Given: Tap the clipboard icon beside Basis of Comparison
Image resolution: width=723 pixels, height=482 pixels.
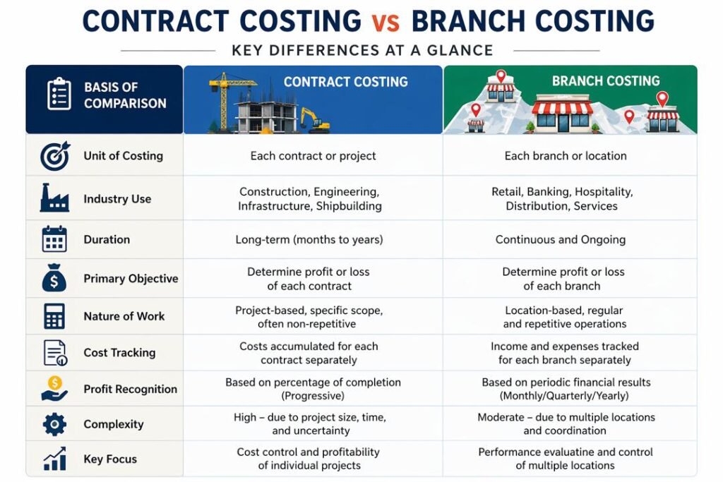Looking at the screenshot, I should [x=59, y=95].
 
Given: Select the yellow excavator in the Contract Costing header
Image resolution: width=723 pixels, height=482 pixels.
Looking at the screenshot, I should [x=316, y=121].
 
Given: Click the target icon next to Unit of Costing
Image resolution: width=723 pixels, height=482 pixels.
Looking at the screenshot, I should [x=54, y=157].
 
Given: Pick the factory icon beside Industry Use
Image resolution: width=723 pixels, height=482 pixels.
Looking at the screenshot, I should [x=54, y=198].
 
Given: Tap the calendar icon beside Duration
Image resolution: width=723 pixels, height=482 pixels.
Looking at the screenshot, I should [x=54, y=239].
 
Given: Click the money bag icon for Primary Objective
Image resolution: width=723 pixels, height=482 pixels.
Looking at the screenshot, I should [x=54, y=279].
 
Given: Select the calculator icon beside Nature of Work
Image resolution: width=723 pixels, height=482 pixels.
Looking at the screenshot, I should [x=54, y=315].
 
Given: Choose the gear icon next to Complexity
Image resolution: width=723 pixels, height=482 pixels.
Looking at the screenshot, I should [x=54, y=424].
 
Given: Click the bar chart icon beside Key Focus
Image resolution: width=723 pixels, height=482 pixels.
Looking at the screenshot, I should [x=54, y=459].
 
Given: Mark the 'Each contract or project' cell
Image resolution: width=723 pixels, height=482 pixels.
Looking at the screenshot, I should [x=313, y=156].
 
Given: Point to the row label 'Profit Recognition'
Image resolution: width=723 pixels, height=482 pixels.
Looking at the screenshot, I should [x=130, y=389].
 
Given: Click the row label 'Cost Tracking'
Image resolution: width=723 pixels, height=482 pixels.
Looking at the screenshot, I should [x=119, y=352].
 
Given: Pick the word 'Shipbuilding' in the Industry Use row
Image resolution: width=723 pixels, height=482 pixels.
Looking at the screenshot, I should [x=349, y=206].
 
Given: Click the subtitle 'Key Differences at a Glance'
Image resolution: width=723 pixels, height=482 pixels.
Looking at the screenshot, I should [x=361, y=51].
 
